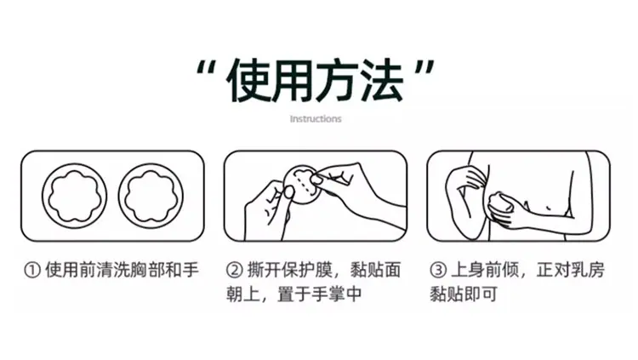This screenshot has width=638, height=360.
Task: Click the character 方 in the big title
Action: [338, 80]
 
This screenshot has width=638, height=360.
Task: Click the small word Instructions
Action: [316, 119]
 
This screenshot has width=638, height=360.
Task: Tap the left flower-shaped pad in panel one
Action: [75, 196]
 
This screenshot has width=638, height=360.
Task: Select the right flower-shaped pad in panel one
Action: [151, 196]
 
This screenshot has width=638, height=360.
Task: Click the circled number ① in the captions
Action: [32, 270]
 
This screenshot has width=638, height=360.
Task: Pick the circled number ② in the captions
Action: [235, 270]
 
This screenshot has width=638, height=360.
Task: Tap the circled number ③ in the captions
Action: [438, 270]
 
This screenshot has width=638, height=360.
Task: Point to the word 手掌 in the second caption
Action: [328, 294]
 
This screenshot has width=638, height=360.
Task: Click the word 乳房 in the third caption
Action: [588, 270]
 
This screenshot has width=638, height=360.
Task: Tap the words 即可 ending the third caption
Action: [481, 294]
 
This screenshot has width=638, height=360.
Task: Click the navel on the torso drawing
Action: [549, 209]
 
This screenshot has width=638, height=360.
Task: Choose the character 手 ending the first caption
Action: [191, 270]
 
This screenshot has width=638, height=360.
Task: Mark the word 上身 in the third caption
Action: [468, 270]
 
